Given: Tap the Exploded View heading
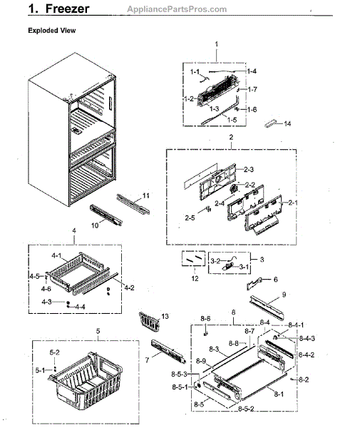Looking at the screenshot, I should [52, 31].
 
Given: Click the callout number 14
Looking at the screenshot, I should [287, 124].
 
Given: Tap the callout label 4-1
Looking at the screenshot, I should [56, 255].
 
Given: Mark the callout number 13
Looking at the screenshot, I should [165, 316].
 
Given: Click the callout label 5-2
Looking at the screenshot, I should [55, 352].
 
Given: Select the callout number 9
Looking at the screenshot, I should [283, 294].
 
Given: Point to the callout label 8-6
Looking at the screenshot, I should [205, 318].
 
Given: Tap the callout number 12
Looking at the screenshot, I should [195, 277].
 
